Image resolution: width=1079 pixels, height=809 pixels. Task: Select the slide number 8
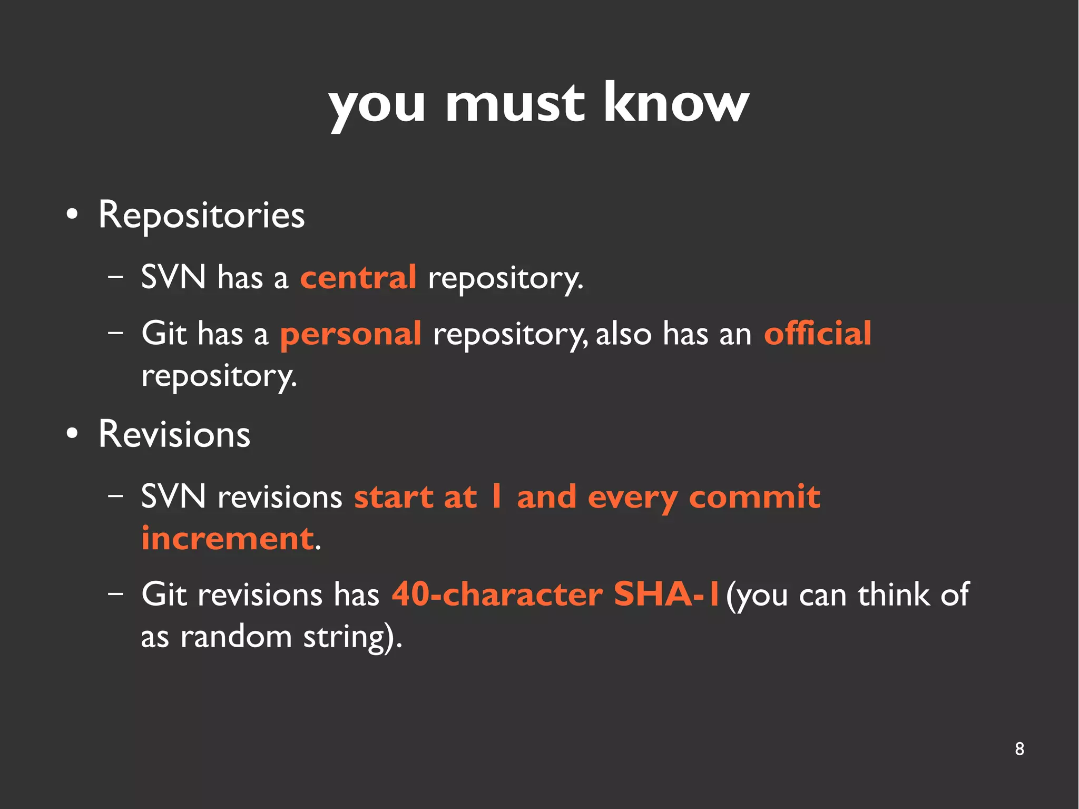[x=1019, y=749]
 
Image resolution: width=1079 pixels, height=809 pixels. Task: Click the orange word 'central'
[x=358, y=278]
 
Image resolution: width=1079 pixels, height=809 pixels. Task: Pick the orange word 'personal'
[x=350, y=334]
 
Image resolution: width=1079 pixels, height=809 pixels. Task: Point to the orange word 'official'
[x=818, y=333]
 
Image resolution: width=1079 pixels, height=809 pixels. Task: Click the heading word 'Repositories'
[x=201, y=216]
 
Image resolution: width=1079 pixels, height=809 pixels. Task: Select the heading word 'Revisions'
[x=174, y=435]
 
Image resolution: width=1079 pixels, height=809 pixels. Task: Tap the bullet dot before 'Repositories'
[x=72, y=215]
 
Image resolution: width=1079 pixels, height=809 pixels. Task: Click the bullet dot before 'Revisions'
[x=72, y=434]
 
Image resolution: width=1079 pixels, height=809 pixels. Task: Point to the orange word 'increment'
[x=228, y=539]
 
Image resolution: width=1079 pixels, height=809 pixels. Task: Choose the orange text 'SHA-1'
[x=666, y=594]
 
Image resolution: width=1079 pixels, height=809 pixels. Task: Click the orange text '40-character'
[x=497, y=594]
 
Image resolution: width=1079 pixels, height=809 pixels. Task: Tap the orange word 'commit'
[x=754, y=497]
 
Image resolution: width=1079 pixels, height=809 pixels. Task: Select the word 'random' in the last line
[x=236, y=637]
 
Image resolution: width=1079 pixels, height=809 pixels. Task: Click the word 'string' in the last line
[x=344, y=638]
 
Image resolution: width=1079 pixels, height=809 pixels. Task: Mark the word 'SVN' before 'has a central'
[x=173, y=277]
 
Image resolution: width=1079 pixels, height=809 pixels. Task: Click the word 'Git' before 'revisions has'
[x=164, y=594]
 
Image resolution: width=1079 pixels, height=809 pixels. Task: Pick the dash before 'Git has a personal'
[x=115, y=333]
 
